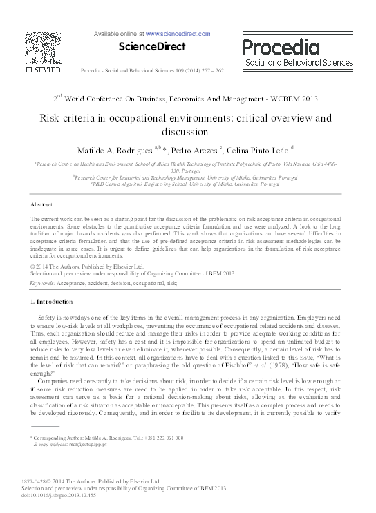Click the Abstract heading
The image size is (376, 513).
[x=42, y=205]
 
